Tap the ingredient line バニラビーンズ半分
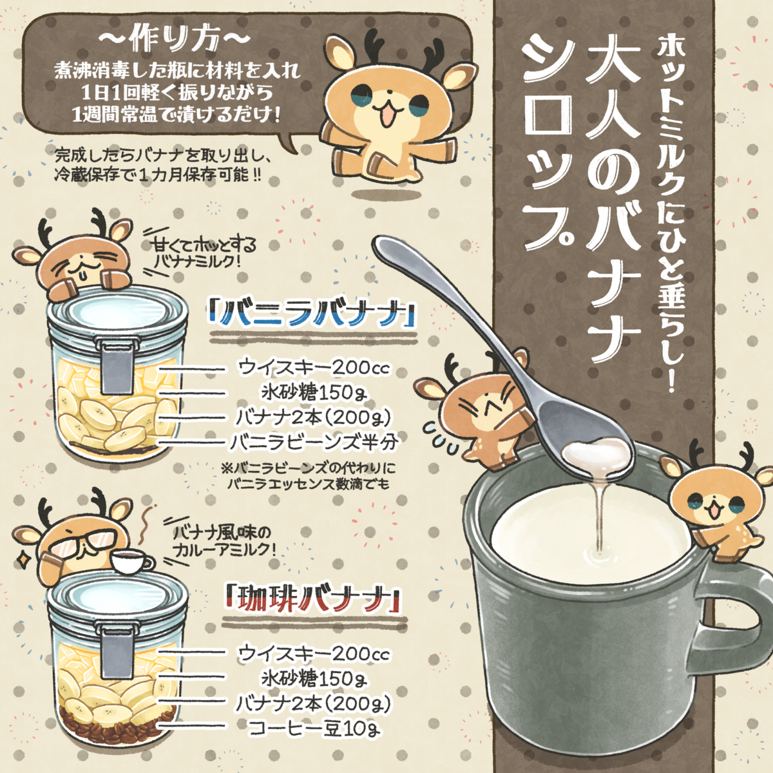[315, 443]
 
